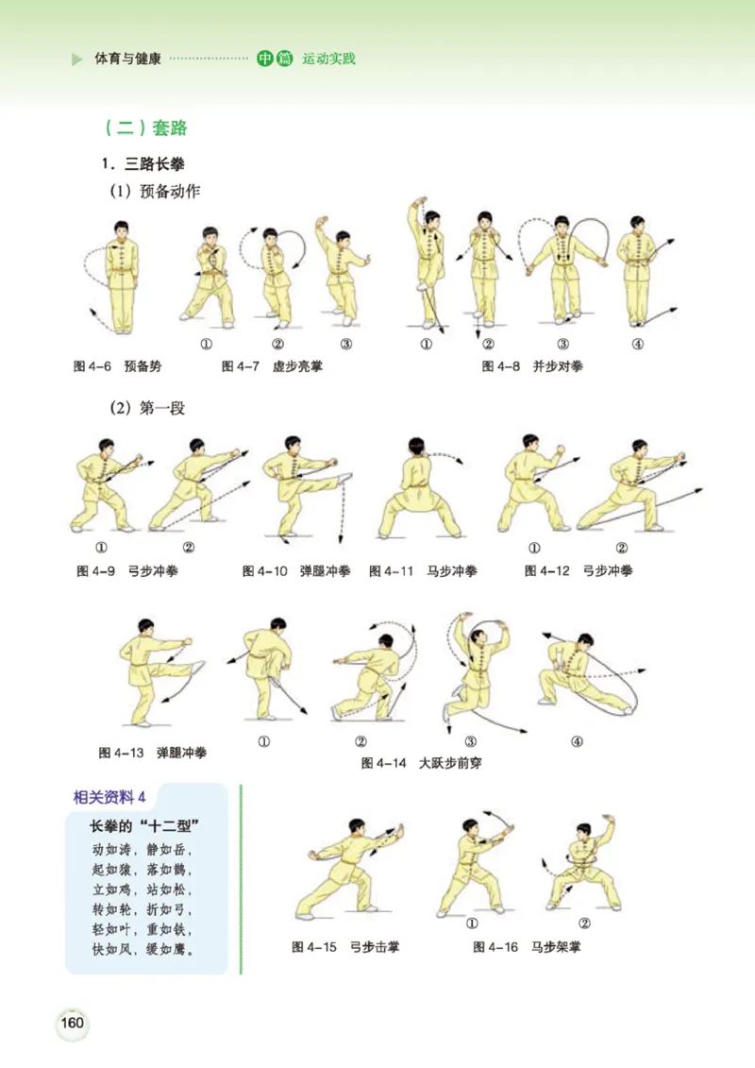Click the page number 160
pyautogui.click(x=73, y=1023)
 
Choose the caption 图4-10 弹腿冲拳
pyautogui.click(x=295, y=571)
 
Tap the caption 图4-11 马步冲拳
pyautogui.click(x=423, y=571)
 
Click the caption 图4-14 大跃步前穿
pyautogui.click(x=421, y=762)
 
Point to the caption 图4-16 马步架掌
pyautogui.click(x=527, y=946)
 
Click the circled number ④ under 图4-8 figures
pyautogui.click(x=638, y=344)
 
